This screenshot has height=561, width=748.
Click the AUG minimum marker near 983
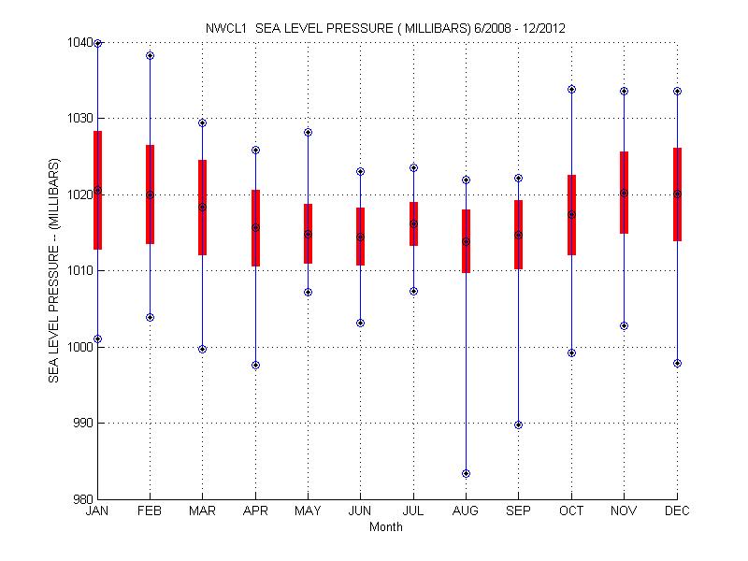[x=466, y=473]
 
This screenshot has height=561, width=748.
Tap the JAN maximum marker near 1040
[x=98, y=43]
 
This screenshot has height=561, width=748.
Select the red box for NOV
[x=624, y=193]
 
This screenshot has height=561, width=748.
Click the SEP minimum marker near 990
[x=518, y=424]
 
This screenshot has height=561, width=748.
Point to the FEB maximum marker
[x=150, y=56]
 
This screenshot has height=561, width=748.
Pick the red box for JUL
[x=413, y=223]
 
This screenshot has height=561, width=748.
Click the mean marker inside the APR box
[x=255, y=227]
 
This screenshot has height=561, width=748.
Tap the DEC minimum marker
[x=677, y=363]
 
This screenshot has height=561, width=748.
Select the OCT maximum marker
[x=571, y=89]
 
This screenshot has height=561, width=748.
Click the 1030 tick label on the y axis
[x=79, y=119]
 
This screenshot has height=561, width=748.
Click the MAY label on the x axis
[x=308, y=511]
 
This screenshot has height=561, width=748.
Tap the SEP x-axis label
[x=518, y=511]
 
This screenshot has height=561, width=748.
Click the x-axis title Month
[x=386, y=526]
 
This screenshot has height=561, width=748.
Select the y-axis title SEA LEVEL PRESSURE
[x=54, y=270]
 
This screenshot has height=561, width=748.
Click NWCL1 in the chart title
[x=225, y=29]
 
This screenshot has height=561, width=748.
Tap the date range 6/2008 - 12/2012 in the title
[x=512, y=29]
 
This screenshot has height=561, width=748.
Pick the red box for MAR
[x=203, y=208]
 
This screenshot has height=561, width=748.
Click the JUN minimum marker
[x=360, y=323]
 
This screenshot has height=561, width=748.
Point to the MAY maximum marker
[x=308, y=132]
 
